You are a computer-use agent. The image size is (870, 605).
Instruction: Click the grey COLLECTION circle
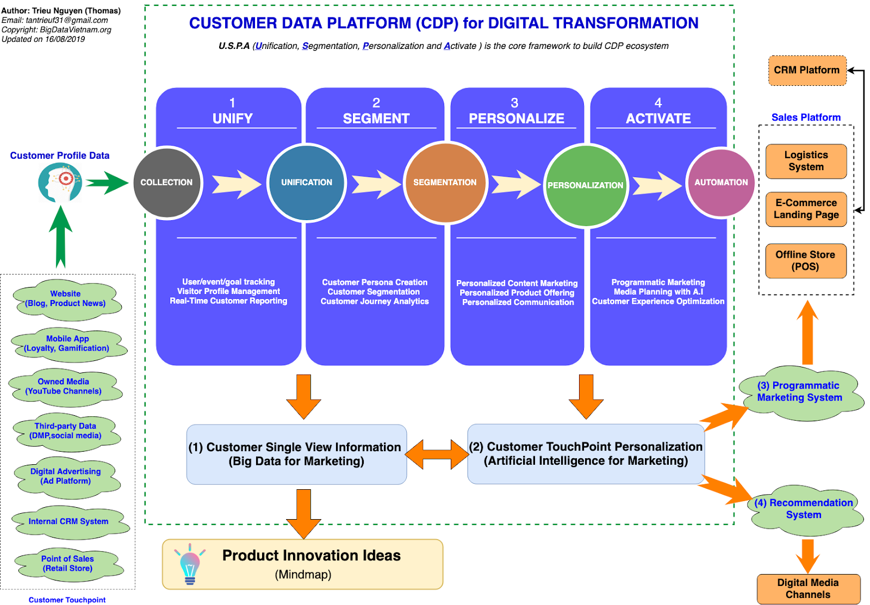click(167, 183)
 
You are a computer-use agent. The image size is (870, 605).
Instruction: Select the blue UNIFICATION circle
click(307, 183)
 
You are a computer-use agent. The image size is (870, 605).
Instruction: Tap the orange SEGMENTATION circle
click(445, 183)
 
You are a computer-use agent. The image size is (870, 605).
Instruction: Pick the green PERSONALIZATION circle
click(586, 185)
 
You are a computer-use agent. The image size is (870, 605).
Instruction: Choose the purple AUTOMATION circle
click(721, 183)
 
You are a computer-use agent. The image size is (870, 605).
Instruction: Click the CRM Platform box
click(807, 70)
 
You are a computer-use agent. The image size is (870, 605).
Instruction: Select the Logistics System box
click(806, 161)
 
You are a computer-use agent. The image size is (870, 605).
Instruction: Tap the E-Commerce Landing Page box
click(806, 209)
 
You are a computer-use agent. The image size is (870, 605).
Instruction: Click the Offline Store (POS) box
click(806, 260)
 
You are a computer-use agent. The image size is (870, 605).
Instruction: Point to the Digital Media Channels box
click(808, 589)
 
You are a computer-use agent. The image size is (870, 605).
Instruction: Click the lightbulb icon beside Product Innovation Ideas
click(190, 564)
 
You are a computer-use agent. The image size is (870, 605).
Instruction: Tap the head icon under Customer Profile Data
click(60, 182)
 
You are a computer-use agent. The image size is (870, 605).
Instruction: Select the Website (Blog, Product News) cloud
click(66, 300)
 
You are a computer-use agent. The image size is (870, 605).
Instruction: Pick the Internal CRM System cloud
click(69, 522)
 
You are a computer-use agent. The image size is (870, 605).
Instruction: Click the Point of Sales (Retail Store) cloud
click(69, 564)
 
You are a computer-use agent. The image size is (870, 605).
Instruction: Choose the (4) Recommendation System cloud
click(804, 509)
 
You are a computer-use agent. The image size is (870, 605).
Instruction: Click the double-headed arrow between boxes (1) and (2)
click(437, 454)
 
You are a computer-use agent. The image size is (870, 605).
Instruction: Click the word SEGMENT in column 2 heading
click(376, 118)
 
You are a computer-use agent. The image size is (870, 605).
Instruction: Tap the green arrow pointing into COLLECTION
click(107, 183)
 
